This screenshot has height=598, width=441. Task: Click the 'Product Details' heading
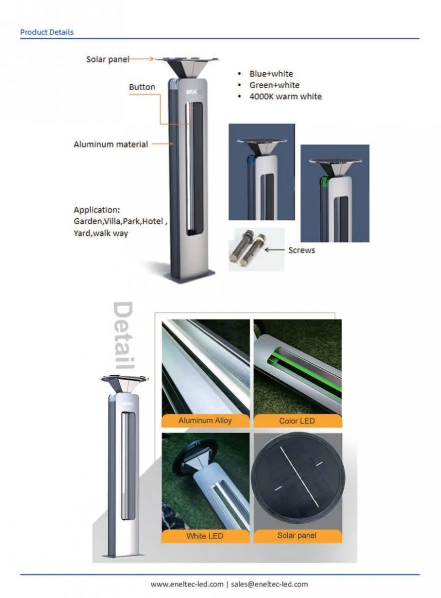point(47,32)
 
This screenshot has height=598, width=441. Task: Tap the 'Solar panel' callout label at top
point(107,59)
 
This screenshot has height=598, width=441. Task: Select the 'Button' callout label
point(142,87)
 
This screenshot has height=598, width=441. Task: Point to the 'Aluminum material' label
point(111,145)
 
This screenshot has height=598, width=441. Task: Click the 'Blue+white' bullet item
point(271,74)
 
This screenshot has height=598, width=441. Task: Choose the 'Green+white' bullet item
point(274,85)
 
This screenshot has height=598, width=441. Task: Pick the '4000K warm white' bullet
point(285,97)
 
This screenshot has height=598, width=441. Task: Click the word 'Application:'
point(97,210)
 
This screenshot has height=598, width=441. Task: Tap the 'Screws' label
point(301,250)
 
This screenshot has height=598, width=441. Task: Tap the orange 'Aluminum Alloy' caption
point(205,421)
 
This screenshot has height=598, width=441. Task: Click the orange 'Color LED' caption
point(297,421)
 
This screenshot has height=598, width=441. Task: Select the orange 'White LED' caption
point(205,536)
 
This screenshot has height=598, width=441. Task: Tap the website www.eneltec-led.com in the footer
point(187,584)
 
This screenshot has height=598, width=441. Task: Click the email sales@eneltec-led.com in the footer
point(269,584)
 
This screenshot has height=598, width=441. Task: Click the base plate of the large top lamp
point(193,276)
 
